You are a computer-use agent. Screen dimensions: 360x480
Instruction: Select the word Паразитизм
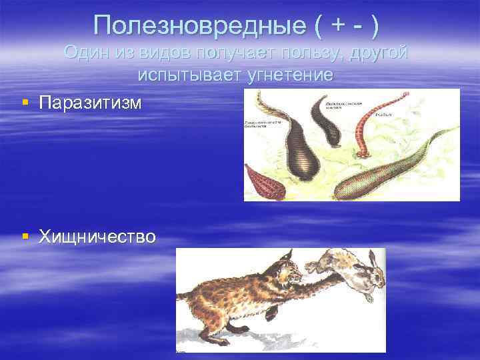(90, 103)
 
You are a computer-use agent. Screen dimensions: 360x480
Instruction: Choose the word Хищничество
(97, 236)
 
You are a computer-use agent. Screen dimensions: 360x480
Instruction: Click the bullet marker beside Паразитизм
(25, 103)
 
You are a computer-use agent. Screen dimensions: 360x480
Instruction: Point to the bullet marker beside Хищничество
(25, 236)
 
